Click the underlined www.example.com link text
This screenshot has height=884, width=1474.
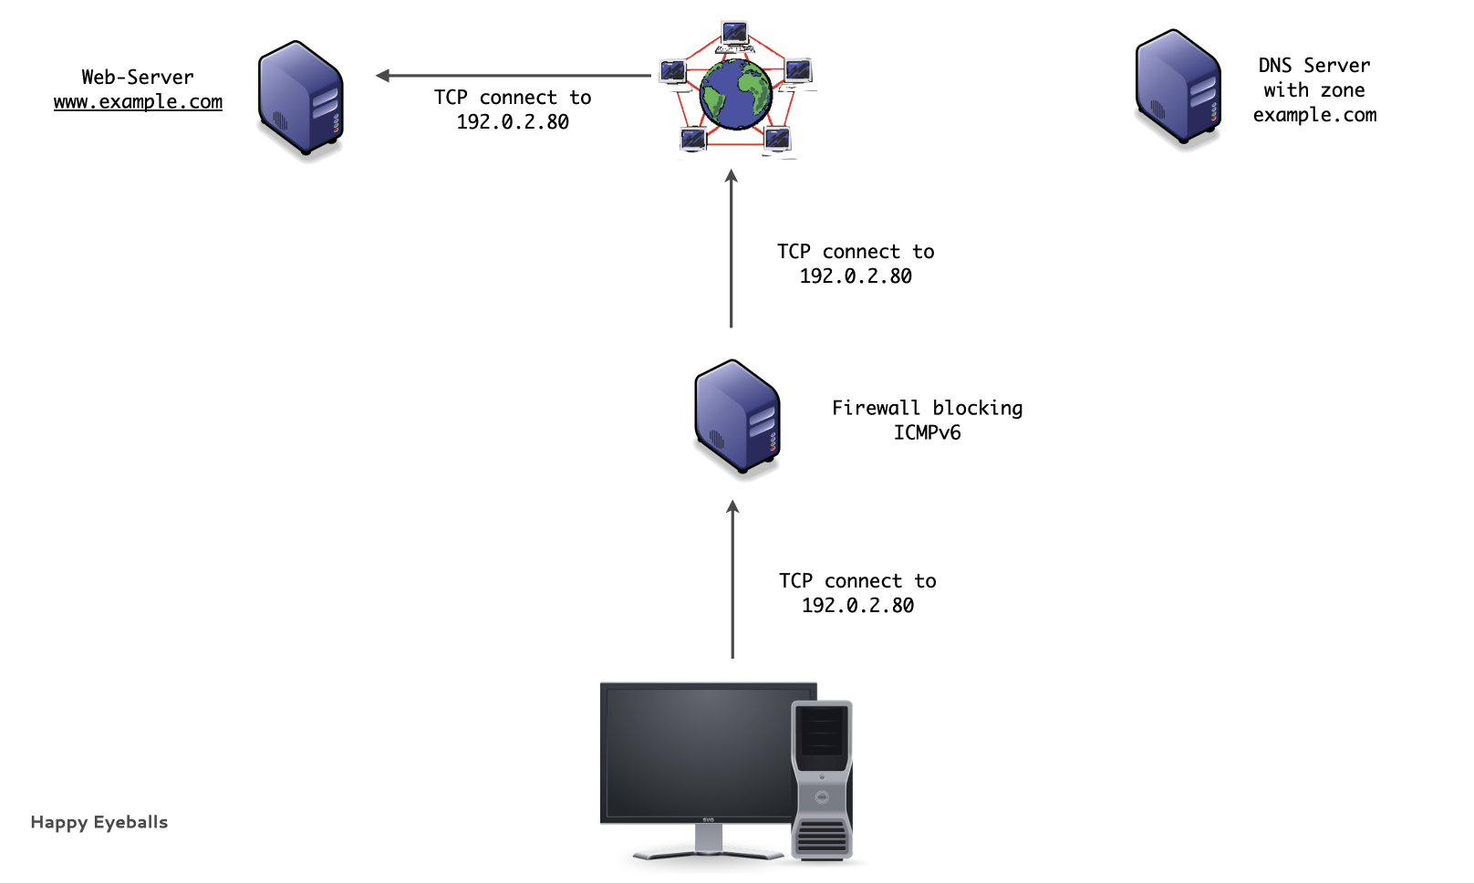click(138, 102)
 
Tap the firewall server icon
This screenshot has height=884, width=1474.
click(737, 417)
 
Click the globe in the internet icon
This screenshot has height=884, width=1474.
click(735, 94)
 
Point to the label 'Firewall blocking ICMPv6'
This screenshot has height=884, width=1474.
click(927, 420)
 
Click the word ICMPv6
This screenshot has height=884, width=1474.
click(927, 432)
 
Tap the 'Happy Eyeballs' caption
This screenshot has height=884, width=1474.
click(99, 822)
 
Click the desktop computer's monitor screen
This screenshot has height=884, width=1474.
click(699, 752)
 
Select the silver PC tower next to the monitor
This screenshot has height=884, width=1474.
click(822, 780)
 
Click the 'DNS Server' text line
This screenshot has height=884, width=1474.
click(1313, 66)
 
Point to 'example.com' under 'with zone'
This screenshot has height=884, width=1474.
click(1314, 115)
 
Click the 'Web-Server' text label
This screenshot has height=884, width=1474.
click(138, 78)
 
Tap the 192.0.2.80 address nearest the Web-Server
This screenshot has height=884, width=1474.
click(513, 122)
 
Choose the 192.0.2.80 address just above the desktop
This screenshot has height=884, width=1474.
click(857, 606)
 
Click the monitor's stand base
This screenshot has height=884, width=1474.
click(708, 853)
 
